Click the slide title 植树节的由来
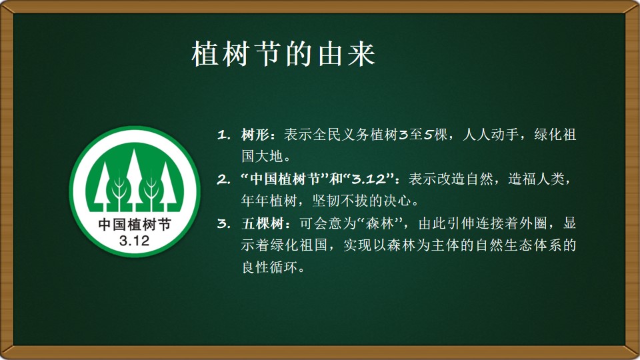(x=283, y=53)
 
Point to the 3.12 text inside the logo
(x=134, y=241)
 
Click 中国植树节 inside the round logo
(x=134, y=225)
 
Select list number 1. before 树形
(x=224, y=134)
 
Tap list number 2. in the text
(x=224, y=179)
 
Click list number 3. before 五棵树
(x=224, y=223)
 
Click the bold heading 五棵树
(x=263, y=223)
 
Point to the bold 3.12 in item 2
(x=369, y=179)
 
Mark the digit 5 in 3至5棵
(x=428, y=134)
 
